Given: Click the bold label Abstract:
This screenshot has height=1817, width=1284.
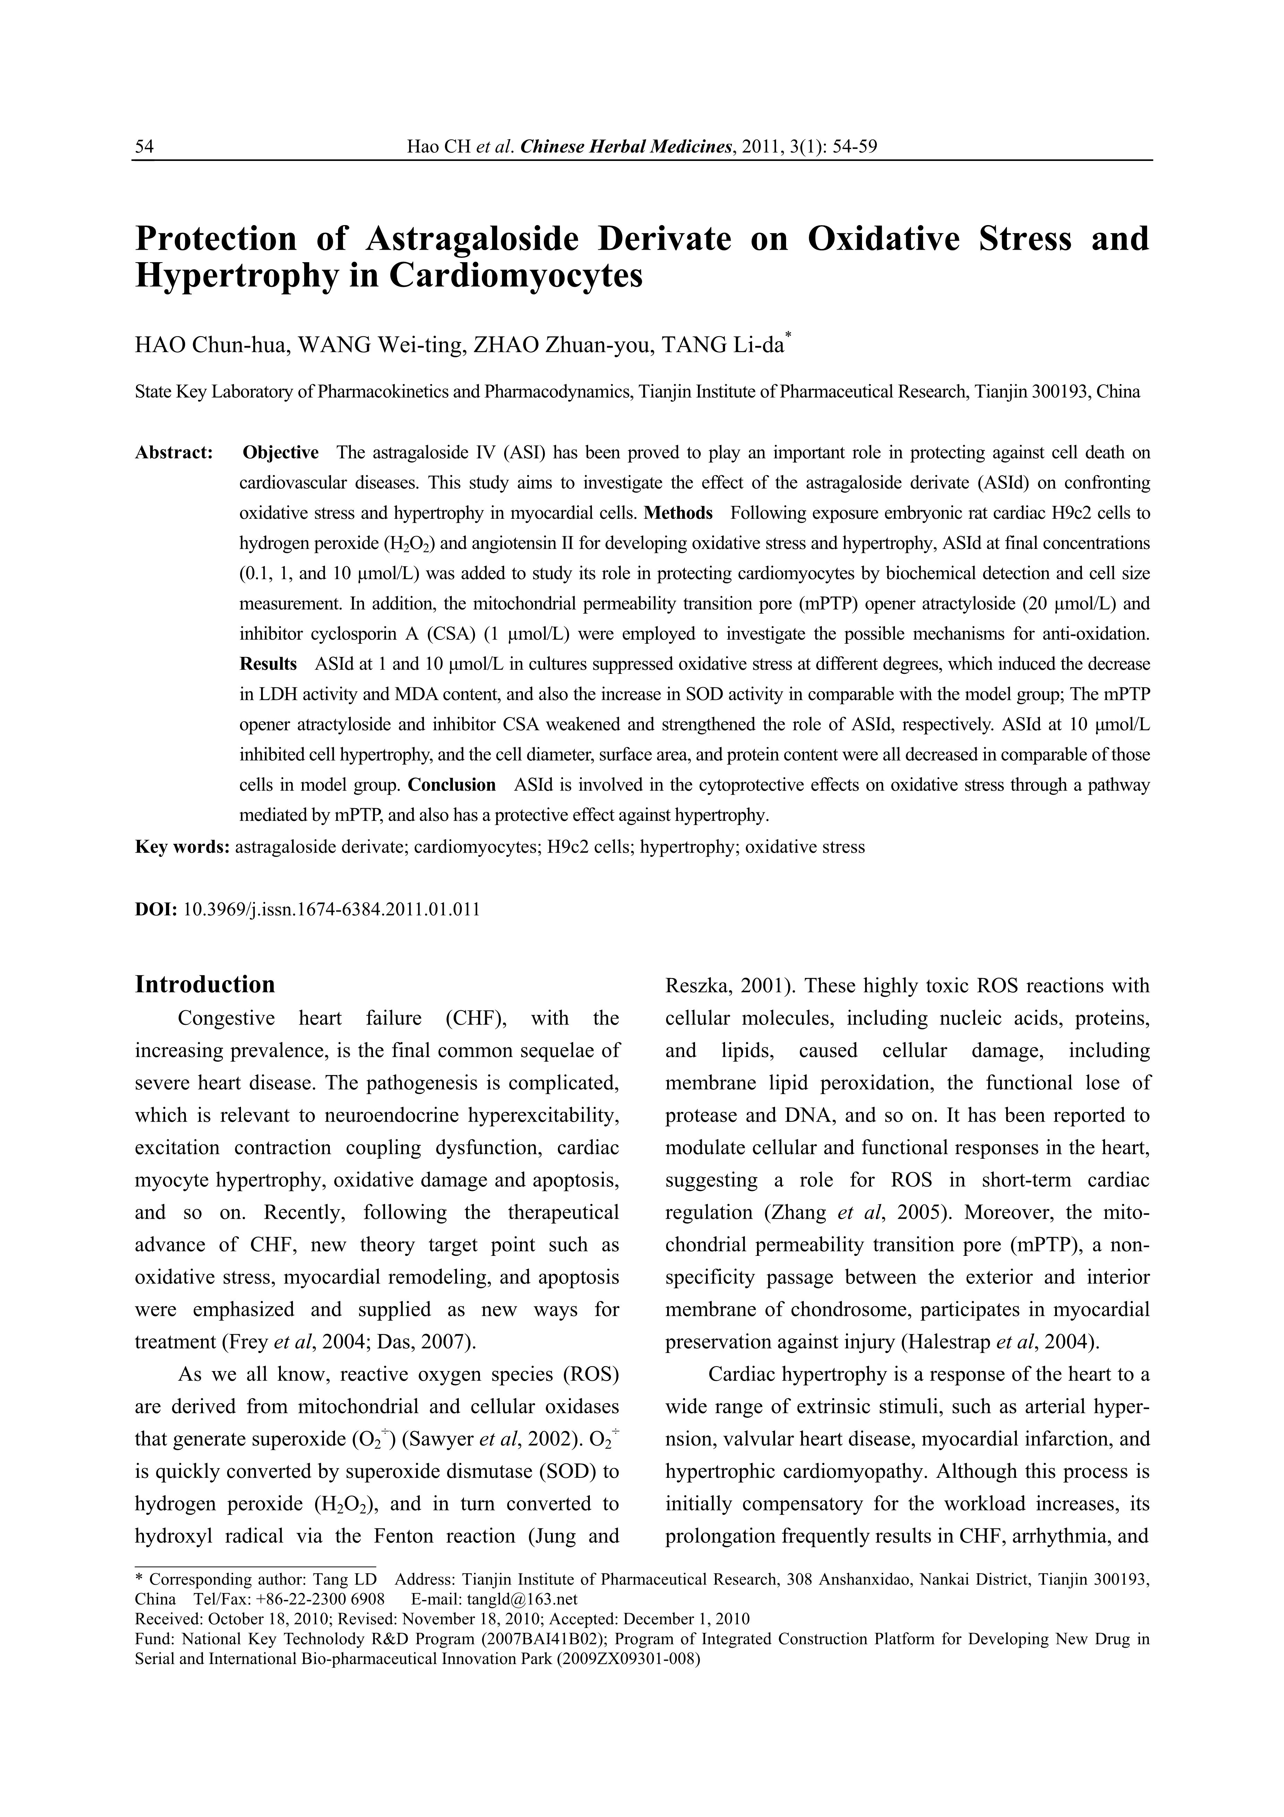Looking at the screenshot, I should pos(174,453).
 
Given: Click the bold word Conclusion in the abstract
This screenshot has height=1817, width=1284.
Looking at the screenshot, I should pos(452,785).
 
